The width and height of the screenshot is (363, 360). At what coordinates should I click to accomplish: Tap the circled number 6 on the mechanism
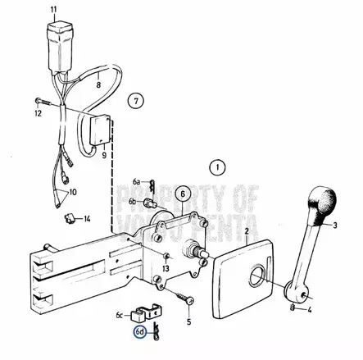click(x=183, y=194)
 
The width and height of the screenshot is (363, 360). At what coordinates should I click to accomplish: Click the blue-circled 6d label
click(x=140, y=332)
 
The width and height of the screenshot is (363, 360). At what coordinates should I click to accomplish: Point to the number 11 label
click(x=54, y=10)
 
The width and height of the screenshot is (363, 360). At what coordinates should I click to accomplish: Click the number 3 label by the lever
click(x=334, y=223)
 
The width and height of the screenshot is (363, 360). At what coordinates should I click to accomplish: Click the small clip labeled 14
click(x=70, y=219)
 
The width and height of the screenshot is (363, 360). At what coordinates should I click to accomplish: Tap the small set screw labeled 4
click(x=293, y=308)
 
